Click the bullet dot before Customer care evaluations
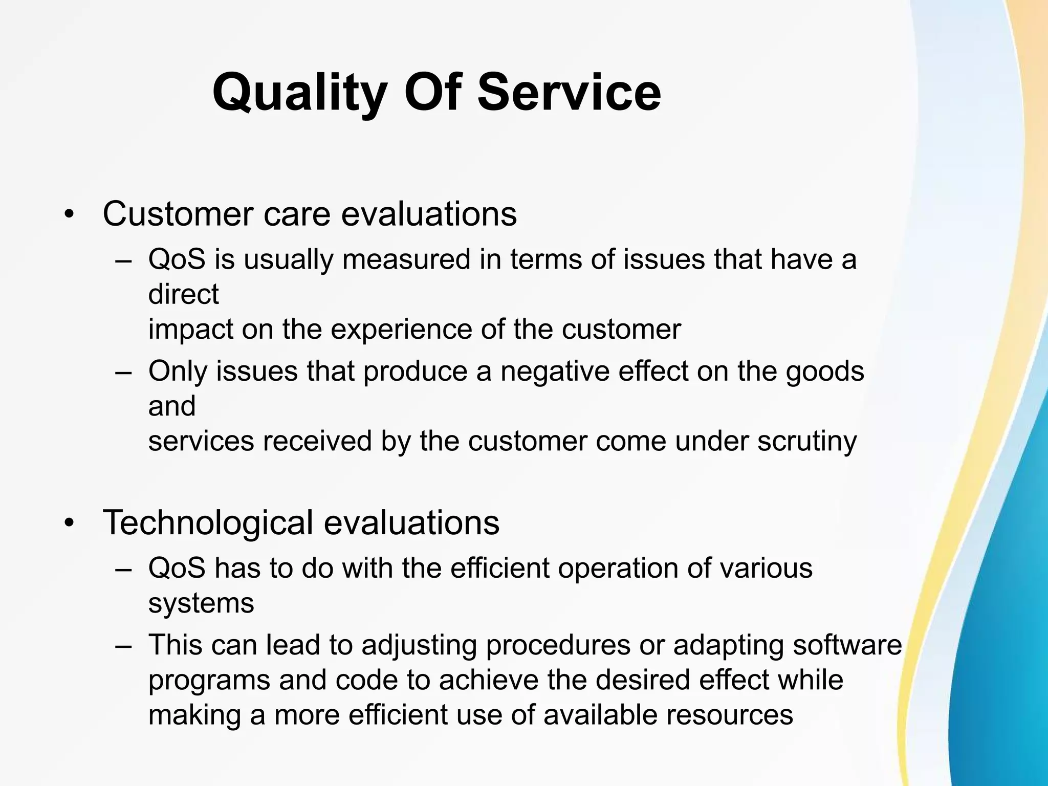pyautogui.click(x=69, y=215)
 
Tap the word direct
pyautogui.click(x=183, y=294)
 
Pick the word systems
pyautogui.click(x=201, y=603)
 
